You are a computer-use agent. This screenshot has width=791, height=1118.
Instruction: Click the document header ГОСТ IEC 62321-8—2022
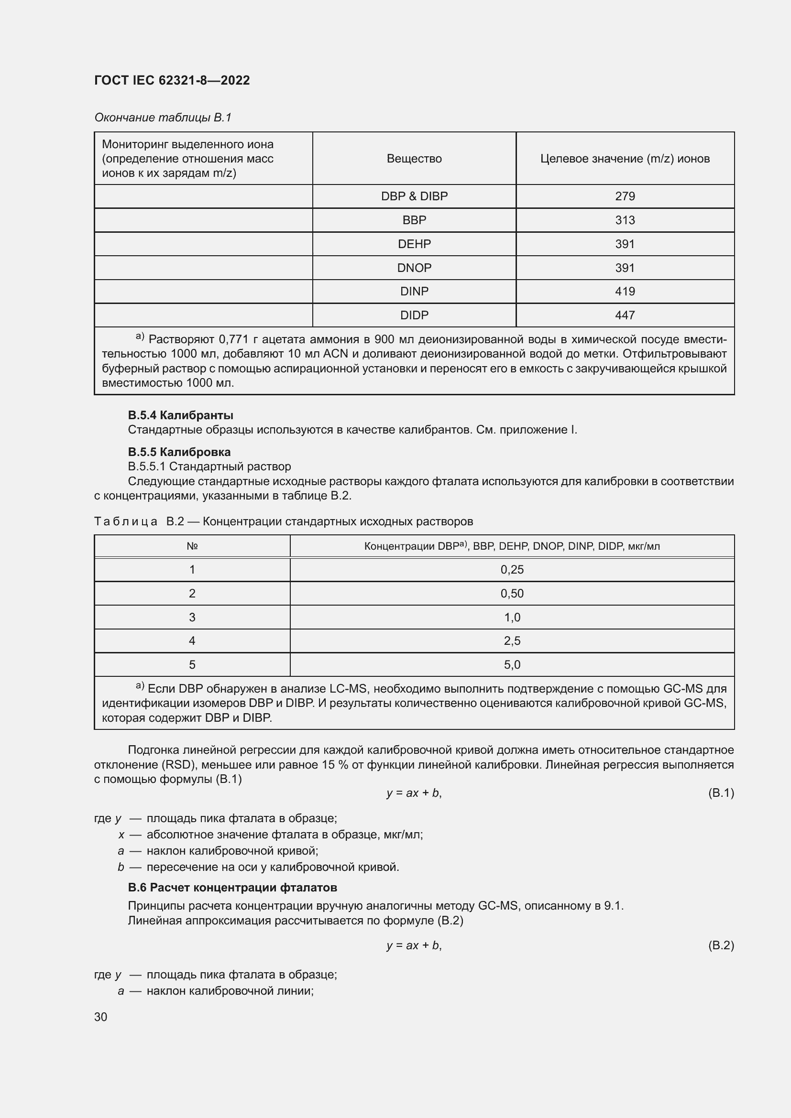(172, 80)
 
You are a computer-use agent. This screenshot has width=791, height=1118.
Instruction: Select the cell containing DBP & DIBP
(414, 196)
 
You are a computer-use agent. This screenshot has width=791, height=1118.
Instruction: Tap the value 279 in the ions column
(625, 196)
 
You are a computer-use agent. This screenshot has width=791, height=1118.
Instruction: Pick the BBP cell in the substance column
(414, 220)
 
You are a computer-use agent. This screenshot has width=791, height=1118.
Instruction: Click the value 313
(625, 220)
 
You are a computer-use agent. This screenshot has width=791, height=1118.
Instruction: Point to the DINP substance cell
(414, 291)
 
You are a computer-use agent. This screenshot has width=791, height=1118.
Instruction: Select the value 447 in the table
(625, 315)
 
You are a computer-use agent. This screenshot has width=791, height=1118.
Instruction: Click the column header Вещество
(414, 159)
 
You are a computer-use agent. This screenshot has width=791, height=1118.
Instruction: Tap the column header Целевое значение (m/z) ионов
(625, 159)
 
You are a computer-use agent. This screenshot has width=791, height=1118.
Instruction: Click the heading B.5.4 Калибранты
(180, 415)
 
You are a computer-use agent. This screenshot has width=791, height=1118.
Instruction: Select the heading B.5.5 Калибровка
(179, 452)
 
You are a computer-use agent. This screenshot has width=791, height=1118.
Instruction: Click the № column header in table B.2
(192, 546)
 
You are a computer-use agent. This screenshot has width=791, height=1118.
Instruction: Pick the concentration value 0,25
(512, 570)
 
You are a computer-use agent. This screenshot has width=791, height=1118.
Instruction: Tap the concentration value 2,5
(512, 641)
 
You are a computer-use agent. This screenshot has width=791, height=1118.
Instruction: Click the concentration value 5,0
(512, 665)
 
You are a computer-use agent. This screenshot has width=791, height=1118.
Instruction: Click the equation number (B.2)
(720, 945)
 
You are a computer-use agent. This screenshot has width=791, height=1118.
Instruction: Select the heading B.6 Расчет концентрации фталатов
(232, 887)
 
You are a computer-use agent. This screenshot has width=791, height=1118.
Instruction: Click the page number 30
(101, 1017)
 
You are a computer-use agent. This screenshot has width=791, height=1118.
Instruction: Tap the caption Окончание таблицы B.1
(163, 118)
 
